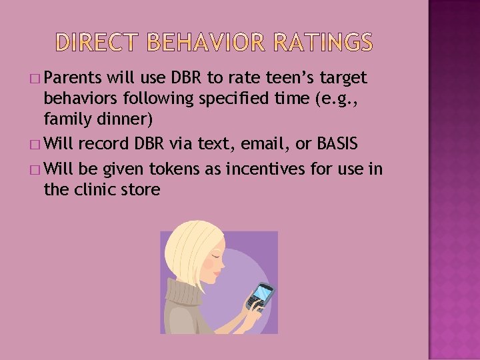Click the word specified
[x=237, y=100]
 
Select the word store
[x=143, y=190]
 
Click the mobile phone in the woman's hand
[x=260, y=295]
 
